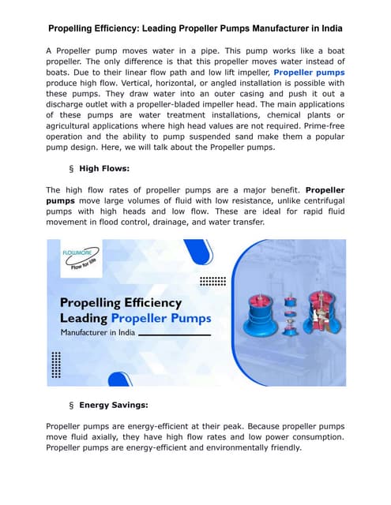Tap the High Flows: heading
tap(105, 168)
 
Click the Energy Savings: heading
tap(114, 405)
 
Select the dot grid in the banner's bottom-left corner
tap(56, 365)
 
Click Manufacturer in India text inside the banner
tap(98, 335)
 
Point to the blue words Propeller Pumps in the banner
tap(161, 318)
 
